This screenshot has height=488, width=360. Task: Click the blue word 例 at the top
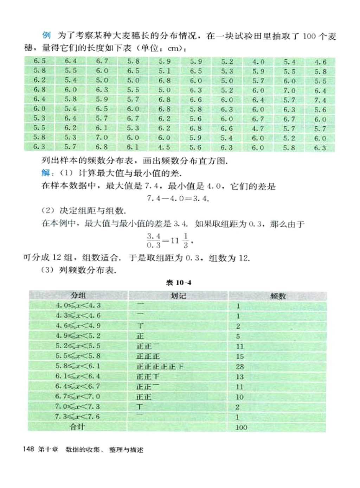46,35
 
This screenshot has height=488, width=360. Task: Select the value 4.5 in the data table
164,147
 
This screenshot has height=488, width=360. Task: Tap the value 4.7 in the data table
258,128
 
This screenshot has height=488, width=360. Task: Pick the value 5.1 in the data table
164,71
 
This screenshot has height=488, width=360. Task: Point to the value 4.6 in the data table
320,62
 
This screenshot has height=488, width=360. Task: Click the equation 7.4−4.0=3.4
178,198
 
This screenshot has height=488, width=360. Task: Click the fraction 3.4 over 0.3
154,241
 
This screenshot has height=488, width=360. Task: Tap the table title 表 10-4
179,283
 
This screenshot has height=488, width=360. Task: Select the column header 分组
78,295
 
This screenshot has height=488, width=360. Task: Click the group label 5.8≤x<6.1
78,366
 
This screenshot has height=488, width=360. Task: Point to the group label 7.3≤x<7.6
78,417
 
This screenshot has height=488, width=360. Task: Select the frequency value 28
240,367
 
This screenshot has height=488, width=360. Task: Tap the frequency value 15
240,356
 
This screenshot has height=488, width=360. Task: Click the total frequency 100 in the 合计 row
241,427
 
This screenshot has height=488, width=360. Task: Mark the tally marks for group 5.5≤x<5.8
148,356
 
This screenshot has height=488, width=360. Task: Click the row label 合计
77,427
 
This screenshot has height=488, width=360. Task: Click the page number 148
28,449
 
